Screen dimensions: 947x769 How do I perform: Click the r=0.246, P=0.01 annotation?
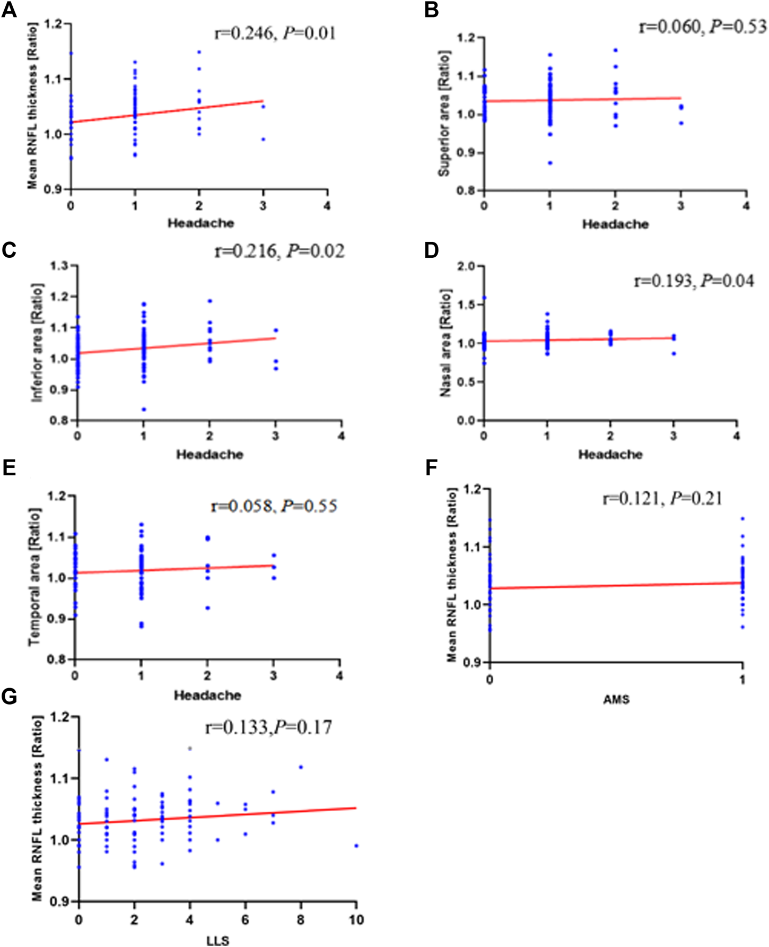tap(275, 33)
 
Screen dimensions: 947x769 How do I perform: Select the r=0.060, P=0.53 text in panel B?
tap(702, 26)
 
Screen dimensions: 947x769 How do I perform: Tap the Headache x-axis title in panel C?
tap(209, 455)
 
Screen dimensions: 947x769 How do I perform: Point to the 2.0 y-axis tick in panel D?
tap(467, 266)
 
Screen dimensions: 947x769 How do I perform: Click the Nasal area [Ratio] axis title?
tap(445, 343)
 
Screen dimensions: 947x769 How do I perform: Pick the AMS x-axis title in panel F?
tap(616, 700)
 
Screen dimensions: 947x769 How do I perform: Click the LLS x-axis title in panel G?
tap(217, 941)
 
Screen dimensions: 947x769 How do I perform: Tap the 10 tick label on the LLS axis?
tap(356, 919)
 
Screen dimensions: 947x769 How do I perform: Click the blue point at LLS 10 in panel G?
tap(356, 846)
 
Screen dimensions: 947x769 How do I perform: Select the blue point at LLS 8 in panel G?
tap(301, 767)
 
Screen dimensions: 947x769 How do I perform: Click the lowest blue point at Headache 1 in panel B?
tap(550, 163)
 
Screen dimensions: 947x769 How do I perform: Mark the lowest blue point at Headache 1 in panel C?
tap(144, 409)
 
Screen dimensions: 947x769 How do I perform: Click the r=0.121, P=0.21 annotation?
tap(662, 498)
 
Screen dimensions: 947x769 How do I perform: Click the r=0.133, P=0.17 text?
tap(268, 727)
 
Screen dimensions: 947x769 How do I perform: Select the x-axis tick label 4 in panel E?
tap(339, 676)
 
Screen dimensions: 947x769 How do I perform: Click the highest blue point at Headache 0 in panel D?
tap(484, 298)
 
